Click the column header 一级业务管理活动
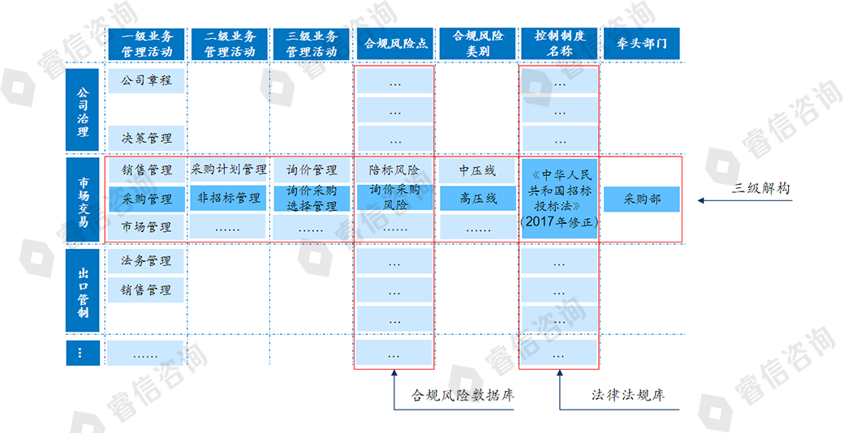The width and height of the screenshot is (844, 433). pyautogui.click(x=147, y=44)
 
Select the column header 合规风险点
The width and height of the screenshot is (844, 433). pyautogui.click(x=394, y=44)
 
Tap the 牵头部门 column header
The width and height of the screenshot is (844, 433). pyautogui.click(x=641, y=44)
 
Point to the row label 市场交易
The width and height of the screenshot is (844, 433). pyautogui.click(x=83, y=199)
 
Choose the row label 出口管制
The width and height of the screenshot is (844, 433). pyautogui.click(x=83, y=290)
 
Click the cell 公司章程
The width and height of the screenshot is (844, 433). pyautogui.click(x=147, y=80)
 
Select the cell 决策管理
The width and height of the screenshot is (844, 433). pyautogui.click(x=147, y=139)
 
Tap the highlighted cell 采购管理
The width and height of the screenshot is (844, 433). pyautogui.click(x=147, y=199)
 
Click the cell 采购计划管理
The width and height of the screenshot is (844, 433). pyautogui.click(x=229, y=170)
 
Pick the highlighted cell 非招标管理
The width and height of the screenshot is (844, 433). pyautogui.click(x=229, y=198)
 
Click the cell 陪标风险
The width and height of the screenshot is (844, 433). pyautogui.click(x=394, y=170)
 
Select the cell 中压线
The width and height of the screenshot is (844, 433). pyautogui.click(x=477, y=170)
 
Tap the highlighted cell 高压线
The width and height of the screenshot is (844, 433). pyautogui.click(x=477, y=199)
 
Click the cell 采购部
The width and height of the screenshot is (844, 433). pyautogui.click(x=642, y=199)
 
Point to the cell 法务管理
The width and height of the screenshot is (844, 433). pyautogui.click(x=147, y=261)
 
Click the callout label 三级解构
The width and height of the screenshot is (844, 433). pyautogui.click(x=761, y=188)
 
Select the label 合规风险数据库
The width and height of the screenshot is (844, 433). pyautogui.click(x=463, y=396)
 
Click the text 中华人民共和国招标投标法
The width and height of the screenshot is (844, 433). pyautogui.click(x=559, y=190)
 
